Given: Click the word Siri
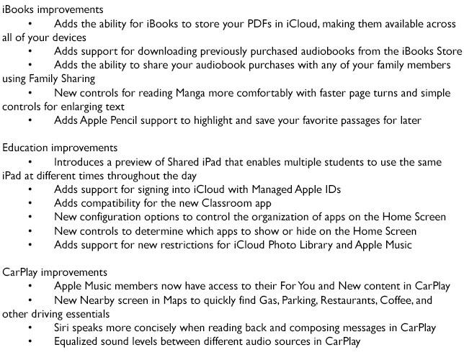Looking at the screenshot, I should (x=63, y=328).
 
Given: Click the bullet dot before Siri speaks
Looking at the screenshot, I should (x=30, y=328).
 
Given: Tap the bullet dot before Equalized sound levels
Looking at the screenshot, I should (x=30, y=342).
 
